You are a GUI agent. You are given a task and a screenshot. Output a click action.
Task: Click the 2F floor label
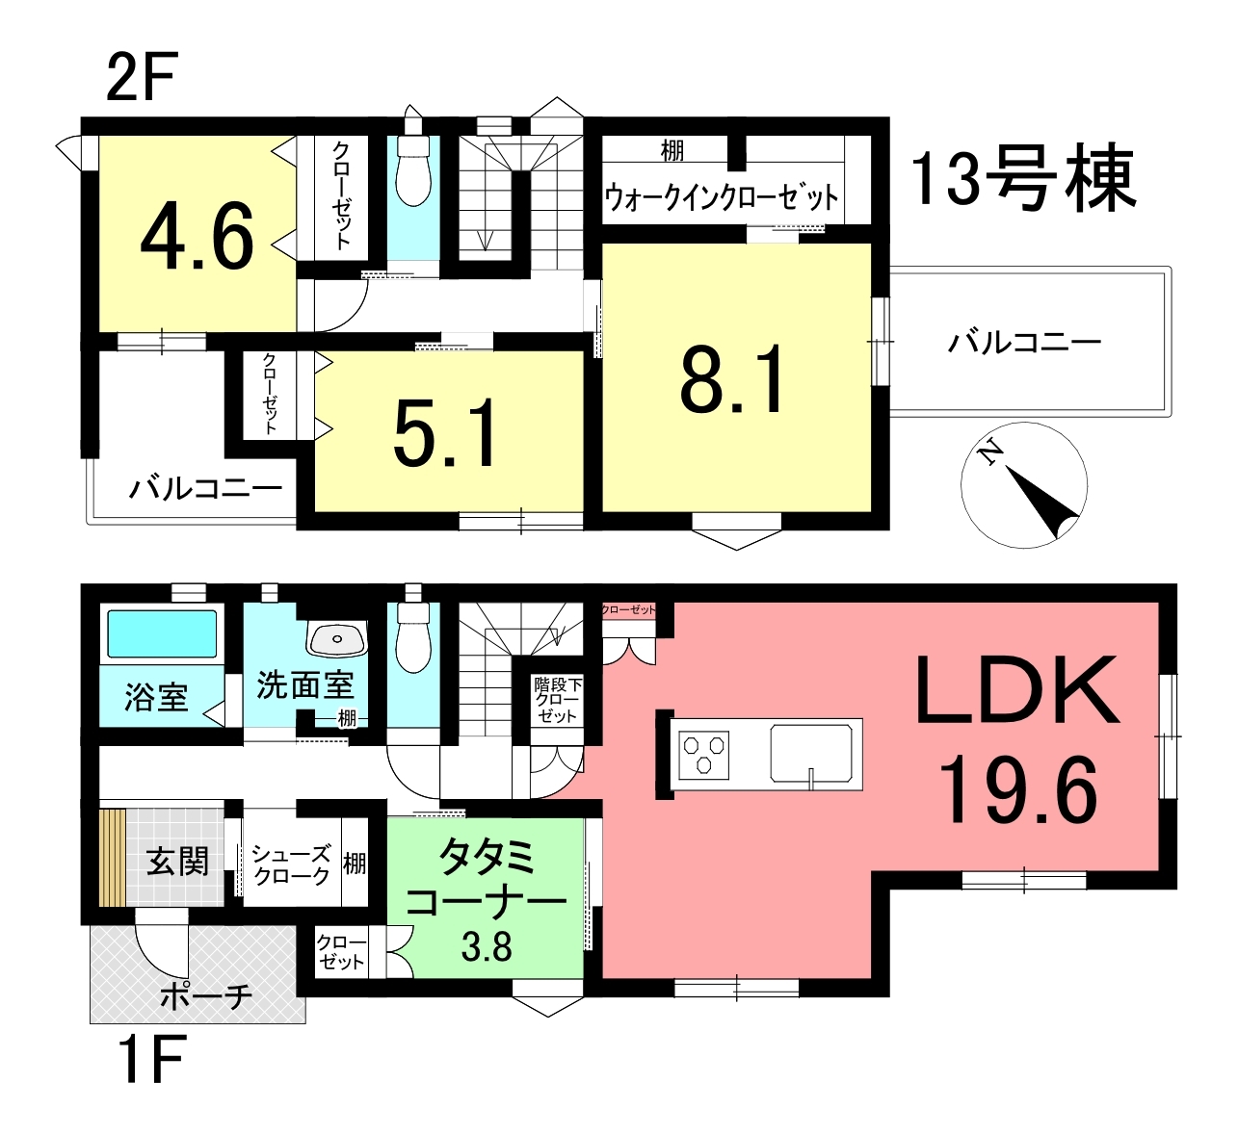coord(142,76)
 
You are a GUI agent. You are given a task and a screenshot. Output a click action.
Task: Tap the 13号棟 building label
coord(1023,178)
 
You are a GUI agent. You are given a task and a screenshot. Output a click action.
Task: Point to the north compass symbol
coord(1024,485)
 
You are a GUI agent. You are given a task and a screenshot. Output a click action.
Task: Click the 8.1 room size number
coord(732,378)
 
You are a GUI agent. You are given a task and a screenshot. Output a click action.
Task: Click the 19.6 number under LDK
coord(1017,790)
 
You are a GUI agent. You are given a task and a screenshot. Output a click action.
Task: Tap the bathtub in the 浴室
coord(162,634)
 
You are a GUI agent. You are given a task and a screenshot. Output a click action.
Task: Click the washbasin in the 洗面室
coord(337,639)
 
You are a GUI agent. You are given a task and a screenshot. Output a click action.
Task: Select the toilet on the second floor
coord(413,170)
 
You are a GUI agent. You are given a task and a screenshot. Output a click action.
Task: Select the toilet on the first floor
coord(413,637)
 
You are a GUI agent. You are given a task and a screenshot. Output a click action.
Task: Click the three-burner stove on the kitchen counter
coord(703,755)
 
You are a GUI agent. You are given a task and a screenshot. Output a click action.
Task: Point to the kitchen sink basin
coord(811,753)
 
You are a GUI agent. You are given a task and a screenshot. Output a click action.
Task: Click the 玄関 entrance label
coord(177,862)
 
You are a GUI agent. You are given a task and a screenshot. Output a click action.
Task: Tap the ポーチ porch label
coord(206,996)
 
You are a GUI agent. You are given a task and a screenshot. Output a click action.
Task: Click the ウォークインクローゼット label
coord(721,196)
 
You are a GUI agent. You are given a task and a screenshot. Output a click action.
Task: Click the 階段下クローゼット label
coord(557,700)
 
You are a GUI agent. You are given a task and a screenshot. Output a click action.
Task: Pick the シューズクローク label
coord(291,864)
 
